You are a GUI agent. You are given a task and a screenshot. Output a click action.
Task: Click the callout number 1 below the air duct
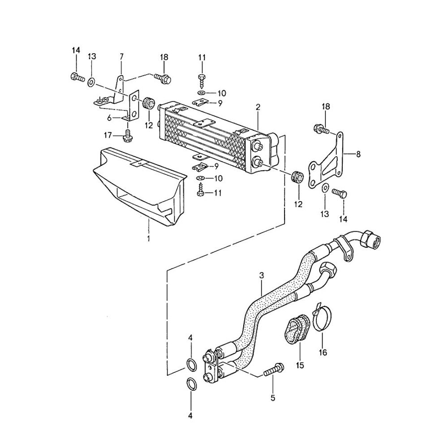tap(148, 238)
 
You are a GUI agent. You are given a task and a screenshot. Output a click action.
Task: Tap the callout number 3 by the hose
tap(261, 275)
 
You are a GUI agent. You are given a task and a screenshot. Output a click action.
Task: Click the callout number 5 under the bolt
tap(273, 397)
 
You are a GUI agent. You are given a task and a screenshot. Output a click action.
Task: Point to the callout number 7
tap(121, 56)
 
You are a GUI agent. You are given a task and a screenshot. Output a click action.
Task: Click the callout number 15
tap(300, 365)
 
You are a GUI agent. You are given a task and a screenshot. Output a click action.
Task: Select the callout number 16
tap(323, 352)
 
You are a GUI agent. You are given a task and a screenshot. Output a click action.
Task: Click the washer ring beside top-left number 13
tap(91, 82)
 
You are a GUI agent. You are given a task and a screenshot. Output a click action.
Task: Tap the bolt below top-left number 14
tap(77, 78)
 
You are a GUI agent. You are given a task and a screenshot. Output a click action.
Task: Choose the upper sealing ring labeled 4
tap(191, 364)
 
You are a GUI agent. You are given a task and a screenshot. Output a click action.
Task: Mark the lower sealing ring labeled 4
tap(191, 384)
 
